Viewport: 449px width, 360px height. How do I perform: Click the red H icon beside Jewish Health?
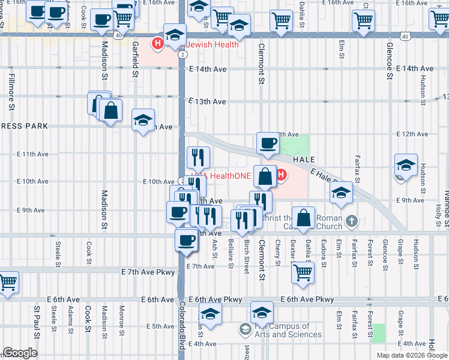click(158, 43)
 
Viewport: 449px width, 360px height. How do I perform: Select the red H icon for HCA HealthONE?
click(281, 175)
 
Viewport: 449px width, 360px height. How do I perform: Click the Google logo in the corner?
click(19, 353)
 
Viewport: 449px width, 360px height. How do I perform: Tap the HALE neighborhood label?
click(304, 160)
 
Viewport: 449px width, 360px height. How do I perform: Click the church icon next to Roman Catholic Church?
click(353, 222)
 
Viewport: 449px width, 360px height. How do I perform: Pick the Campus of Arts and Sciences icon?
click(244, 329)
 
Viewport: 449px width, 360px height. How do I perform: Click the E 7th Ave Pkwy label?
click(148, 272)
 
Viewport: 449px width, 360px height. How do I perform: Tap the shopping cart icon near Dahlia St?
click(303, 272)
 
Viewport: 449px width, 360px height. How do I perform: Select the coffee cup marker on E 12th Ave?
click(268, 143)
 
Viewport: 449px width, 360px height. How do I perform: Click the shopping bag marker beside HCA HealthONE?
click(265, 176)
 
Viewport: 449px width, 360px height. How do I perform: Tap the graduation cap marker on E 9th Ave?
click(341, 193)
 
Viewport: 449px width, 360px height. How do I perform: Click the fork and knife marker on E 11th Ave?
click(198, 157)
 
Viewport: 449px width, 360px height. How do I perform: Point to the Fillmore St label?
click(11, 92)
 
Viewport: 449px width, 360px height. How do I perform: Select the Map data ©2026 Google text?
click(411, 355)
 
